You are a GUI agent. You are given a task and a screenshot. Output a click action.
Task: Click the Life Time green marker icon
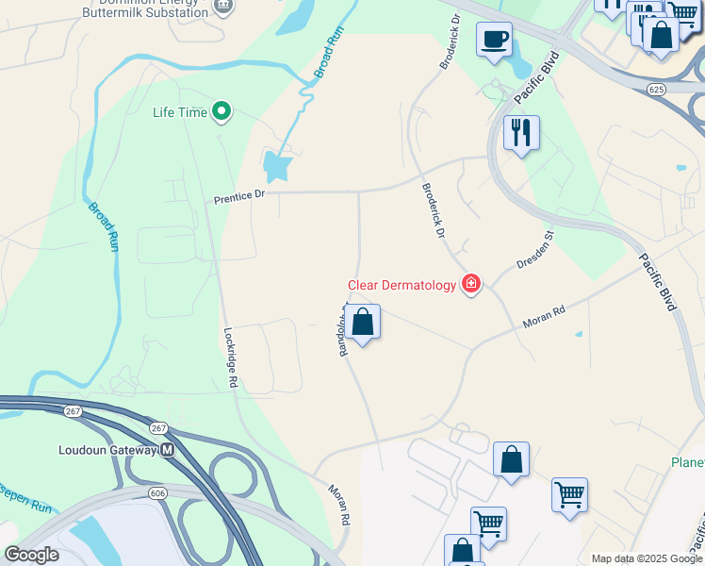pyautogui.click(x=221, y=112)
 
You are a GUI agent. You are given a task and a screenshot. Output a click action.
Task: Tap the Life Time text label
pyautogui.click(x=180, y=112)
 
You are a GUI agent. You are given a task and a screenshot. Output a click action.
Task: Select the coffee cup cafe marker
pyautogui.click(x=494, y=40)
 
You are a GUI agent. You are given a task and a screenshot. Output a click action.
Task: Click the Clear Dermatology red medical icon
pyautogui.click(x=470, y=284)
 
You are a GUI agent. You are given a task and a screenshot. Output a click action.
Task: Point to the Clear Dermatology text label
pyautogui.click(x=402, y=285)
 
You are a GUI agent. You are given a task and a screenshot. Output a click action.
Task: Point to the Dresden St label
pyautogui.click(x=533, y=250)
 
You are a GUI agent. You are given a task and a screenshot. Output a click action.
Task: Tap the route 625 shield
pyautogui.click(x=658, y=89)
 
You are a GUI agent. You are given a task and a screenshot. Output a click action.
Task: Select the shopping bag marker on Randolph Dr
pyautogui.click(x=362, y=323)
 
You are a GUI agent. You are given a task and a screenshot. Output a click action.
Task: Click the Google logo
pyautogui.click(x=31, y=555)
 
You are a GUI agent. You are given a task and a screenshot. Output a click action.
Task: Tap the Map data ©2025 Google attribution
pyautogui.click(x=647, y=558)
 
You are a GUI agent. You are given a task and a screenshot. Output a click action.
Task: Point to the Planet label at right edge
pyautogui.click(x=687, y=462)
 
